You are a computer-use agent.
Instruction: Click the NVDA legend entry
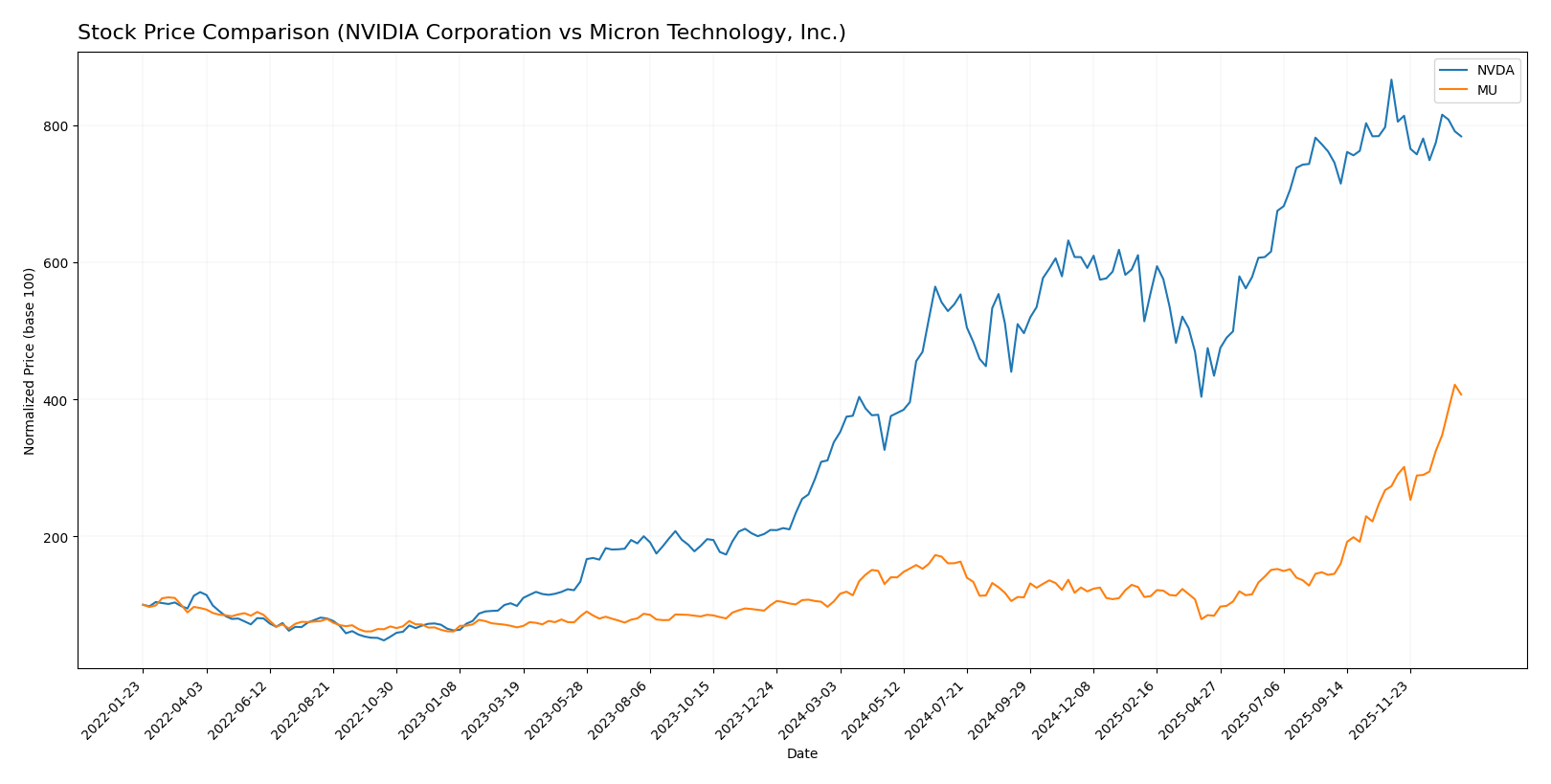1495,70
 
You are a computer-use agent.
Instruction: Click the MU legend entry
1486,91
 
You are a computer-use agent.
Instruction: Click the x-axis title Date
801,754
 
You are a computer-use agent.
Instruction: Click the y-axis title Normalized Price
30,361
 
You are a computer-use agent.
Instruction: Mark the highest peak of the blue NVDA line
1391,79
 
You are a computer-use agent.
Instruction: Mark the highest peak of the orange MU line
1454,385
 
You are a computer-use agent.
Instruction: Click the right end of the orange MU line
1461,394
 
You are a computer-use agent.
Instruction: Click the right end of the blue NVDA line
1461,137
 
